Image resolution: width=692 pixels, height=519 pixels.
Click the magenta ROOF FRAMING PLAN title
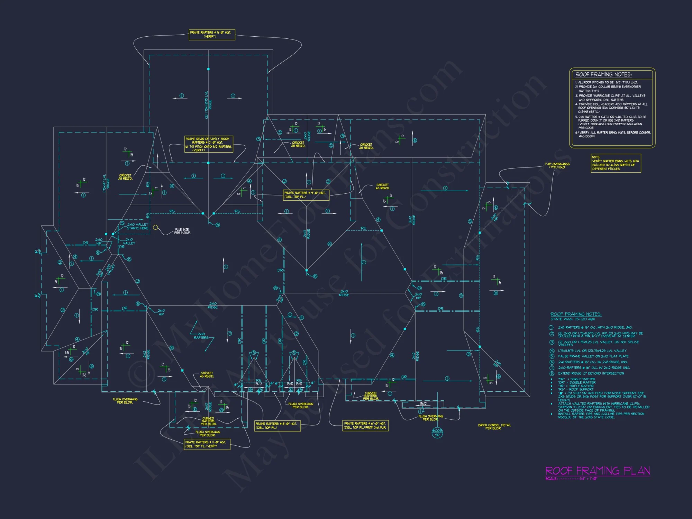[598, 471]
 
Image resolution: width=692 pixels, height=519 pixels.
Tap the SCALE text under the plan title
[571, 479]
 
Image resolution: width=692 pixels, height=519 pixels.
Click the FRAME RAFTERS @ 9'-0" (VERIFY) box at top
[212, 35]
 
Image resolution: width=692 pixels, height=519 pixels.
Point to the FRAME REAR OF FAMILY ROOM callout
[209, 144]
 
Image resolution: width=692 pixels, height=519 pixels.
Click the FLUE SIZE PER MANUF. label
[182, 231]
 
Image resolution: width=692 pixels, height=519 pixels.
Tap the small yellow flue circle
[156, 227]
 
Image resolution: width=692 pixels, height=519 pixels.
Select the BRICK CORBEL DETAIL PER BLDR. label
[494, 427]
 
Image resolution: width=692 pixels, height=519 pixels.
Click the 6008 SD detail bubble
[437, 432]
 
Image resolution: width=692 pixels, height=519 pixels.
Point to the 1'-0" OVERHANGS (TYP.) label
[557, 165]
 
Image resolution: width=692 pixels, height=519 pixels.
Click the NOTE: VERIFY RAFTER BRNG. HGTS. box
[616, 163]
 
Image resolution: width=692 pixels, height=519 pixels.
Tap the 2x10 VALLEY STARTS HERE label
[137, 226]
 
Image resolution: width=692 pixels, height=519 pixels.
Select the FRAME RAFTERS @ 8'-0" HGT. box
[277, 426]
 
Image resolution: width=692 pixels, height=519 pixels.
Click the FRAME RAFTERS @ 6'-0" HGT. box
[365, 426]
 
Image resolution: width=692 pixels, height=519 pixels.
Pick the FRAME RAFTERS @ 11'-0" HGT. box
[207, 444]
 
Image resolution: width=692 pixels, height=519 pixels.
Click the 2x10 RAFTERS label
[201, 336]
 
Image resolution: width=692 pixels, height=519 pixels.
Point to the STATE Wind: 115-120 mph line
[573, 319]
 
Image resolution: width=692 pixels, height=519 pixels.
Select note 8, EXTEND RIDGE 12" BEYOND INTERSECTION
[591, 373]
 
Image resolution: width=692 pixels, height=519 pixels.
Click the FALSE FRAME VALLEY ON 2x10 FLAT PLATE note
[593, 356]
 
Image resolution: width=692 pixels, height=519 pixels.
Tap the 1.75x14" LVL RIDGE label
[106, 183]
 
